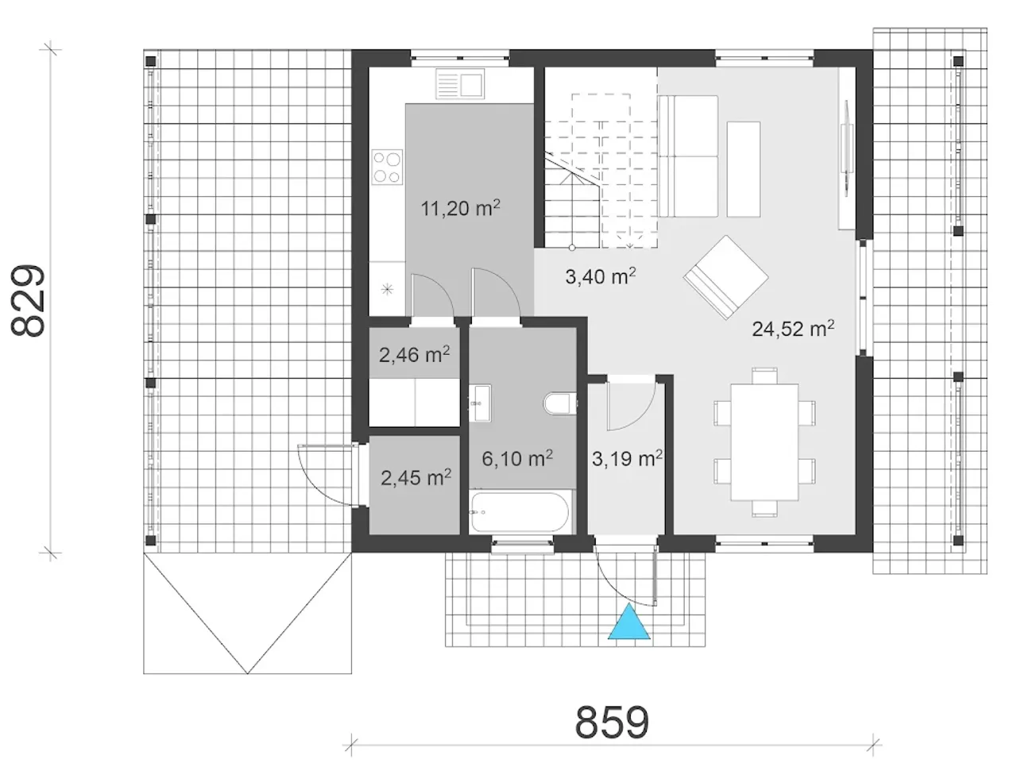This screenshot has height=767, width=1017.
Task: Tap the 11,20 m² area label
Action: [x=460, y=208]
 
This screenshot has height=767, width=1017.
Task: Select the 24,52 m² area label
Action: [x=793, y=328]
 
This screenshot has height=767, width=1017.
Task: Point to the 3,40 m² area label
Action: [x=600, y=276]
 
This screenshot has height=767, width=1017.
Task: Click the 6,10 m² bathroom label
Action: [x=517, y=458]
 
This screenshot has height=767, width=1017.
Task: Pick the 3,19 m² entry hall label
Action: [x=627, y=458]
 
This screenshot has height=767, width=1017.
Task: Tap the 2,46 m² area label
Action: [x=414, y=355]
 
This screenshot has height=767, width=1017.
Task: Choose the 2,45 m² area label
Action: [x=416, y=477]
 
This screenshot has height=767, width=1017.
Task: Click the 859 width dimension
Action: [x=612, y=722]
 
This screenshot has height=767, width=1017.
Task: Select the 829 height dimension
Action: [x=28, y=300]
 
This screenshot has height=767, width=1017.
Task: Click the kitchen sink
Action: [x=459, y=84]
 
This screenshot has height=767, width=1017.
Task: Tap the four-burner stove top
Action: [x=387, y=167]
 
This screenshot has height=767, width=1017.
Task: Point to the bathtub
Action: [x=519, y=512]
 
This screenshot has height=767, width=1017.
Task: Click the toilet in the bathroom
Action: [x=559, y=403]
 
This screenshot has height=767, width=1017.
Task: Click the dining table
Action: [x=764, y=442]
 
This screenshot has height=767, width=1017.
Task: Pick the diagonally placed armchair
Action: [x=725, y=278]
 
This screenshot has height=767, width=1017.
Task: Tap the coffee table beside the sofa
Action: [x=743, y=169]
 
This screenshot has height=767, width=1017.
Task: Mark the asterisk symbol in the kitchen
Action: [x=388, y=290]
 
